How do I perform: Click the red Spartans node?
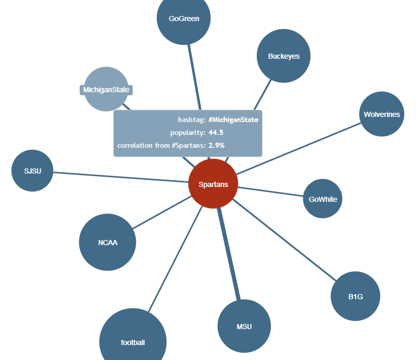[x=213, y=184]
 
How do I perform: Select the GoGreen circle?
[x=184, y=19]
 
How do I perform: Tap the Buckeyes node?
[x=283, y=56]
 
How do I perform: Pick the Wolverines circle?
[x=381, y=114]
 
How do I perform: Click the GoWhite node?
[x=323, y=199]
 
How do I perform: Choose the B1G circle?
[x=355, y=297]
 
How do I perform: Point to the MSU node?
[x=244, y=327]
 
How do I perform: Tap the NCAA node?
[x=108, y=242]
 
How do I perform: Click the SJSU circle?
[x=32, y=170]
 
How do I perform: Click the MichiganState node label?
[x=107, y=90]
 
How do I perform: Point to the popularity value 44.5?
[x=216, y=133]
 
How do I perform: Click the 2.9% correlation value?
[x=216, y=146]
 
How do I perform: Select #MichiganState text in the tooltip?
[x=233, y=119]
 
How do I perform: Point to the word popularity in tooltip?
[x=187, y=133]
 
